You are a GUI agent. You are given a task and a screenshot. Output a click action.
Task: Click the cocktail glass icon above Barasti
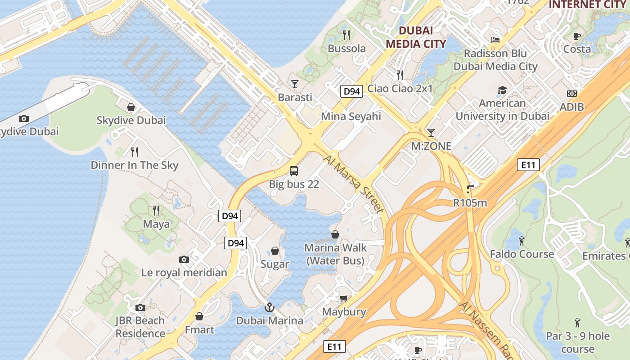click(295, 84)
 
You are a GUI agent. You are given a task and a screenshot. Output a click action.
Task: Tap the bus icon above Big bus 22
click(294, 171)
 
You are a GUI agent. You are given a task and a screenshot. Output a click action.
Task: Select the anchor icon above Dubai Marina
click(269, 307)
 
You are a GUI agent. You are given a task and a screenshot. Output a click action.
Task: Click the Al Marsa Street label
click(354, 184)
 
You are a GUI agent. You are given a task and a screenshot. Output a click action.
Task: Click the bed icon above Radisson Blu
click(495, 40)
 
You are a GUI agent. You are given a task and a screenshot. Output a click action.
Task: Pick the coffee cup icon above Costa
click(577, 36)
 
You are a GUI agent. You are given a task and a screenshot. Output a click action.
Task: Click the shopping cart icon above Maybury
click(344, 298)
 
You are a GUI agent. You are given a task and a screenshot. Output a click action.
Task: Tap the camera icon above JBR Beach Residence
click(140, 307)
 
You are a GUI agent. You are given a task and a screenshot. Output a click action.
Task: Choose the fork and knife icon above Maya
click(156, 210)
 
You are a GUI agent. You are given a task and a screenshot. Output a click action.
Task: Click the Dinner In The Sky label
click(135, 165)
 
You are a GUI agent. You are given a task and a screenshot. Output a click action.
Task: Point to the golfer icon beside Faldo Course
click(522, 241)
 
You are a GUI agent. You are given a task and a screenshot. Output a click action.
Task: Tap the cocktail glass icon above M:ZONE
click(431, 132)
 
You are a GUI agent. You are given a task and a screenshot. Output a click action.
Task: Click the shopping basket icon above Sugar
click(275, 251)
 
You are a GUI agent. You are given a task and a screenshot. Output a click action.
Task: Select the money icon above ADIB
click(572, 94)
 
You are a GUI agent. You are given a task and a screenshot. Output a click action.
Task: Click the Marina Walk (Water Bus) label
click(335, 254)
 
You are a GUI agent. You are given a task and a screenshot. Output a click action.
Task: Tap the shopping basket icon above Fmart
click(199, 316)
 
